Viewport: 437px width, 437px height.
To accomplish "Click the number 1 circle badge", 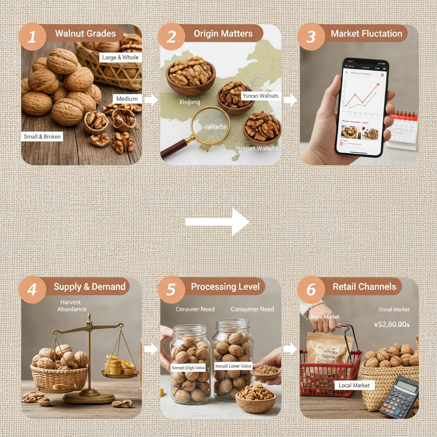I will pyautogui.click(x=32, y=37).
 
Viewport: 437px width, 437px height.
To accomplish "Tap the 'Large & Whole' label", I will pyautogui.click(x=120, y=57).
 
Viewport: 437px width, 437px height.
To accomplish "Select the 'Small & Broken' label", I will pyautogui.click(x=42, y=137).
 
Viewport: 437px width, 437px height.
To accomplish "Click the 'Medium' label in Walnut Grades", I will pyautogui.click(x=127, y=99).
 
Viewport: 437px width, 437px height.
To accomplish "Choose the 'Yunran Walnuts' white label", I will pyautogui.click(x=260, y=96).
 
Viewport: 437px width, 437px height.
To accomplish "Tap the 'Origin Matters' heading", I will pyautogui.click(x=223, y=34).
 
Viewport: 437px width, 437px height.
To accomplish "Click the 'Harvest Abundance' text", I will pyautogui.click(x=72, y=306).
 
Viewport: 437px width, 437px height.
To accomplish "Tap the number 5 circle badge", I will pyautogui.click(x=171, y=289).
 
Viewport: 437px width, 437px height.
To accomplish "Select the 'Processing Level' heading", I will pyautogui.click(x=225, y=287).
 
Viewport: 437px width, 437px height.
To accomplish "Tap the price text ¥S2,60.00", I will pyautogui.click(x=391, y=325).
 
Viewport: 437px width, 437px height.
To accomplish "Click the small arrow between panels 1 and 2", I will pyautogui.click(x=151, y=100).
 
